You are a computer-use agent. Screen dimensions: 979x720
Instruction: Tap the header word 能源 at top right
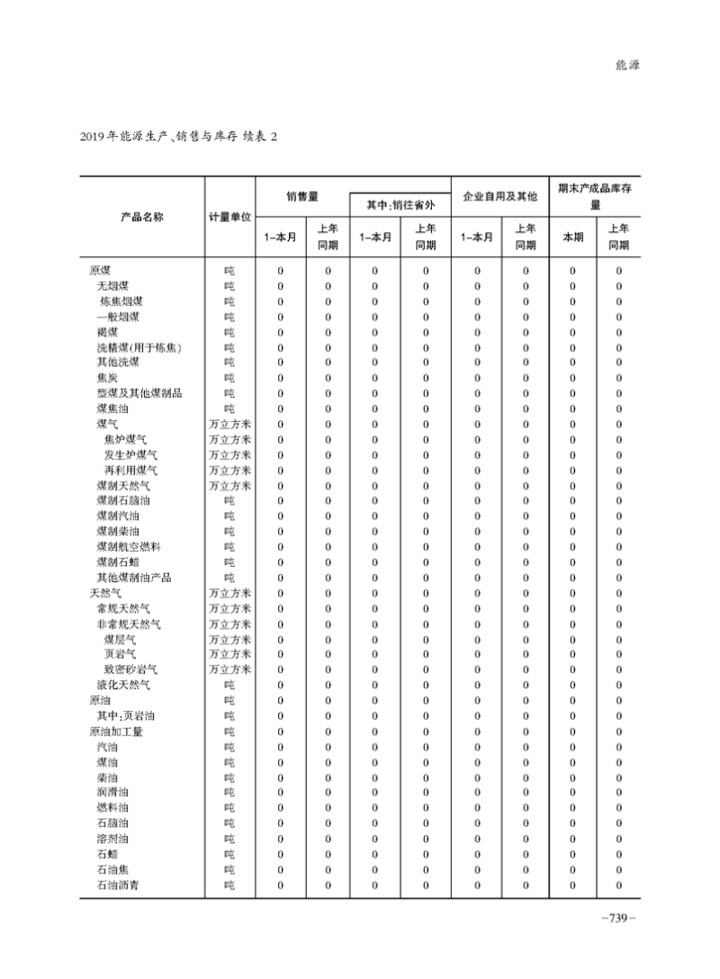coord(626,66)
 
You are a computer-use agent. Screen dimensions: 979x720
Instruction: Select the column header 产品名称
coord(142,218)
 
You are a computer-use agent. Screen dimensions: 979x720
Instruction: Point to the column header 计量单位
coord(229,218)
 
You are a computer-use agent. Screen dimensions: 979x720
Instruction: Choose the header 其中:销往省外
coord(400,206)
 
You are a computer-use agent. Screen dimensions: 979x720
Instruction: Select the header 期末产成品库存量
coord(594,197)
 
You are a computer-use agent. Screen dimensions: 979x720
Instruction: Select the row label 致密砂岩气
coord(131,669)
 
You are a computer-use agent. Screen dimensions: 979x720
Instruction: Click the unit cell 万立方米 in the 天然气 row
coord(229,592)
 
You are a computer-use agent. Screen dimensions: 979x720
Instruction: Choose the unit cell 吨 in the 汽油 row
coord(229,746)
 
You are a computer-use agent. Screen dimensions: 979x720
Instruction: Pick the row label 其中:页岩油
coord(126,715)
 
